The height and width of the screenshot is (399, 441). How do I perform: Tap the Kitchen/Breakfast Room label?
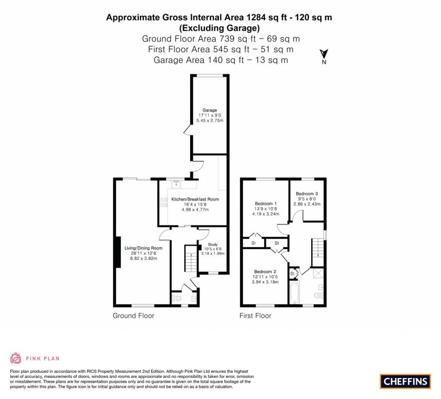pyautogui.click(x=195, y=199)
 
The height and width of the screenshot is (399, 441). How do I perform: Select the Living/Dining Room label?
pyautogui.click(x=143, y=248)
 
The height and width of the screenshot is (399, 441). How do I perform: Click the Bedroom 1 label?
pyautogui.click(x=266, y=203)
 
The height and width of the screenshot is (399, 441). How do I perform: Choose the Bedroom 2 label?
pyautogui.click(x=265, y=272)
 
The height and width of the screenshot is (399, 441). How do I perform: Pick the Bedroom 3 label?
pyautogui.click(x=307, y=194)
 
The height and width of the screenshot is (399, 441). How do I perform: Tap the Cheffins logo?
pyautogui.click(x=405, y=381)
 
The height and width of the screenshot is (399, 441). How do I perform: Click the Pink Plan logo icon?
pyautogui.click(x=16, y=358)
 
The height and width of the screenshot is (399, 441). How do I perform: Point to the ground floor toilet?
pyautogui.click(x=177, y=298)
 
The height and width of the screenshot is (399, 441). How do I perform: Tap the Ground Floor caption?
pyautogui.click(x=133, y=316)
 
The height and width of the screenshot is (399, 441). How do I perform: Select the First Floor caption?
pyautogui.click(x=255, y=316)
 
